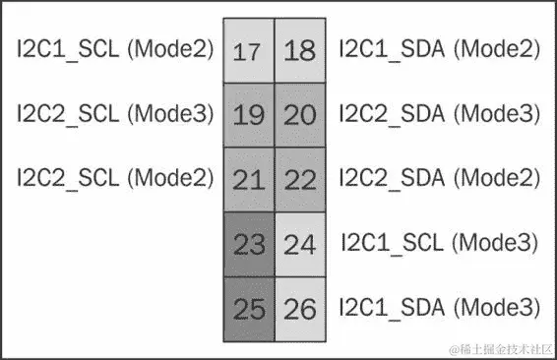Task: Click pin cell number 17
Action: (x=249, y=50)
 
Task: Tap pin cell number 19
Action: (x=249, y=115)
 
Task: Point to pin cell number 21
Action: (x=249, y=179)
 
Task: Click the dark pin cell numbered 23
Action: (x=249, y=243)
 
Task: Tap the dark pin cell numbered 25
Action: (x=249, y=309)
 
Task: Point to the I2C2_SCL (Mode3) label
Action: (x=115, y=113)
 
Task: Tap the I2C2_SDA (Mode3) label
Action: (x=439, y=113)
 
